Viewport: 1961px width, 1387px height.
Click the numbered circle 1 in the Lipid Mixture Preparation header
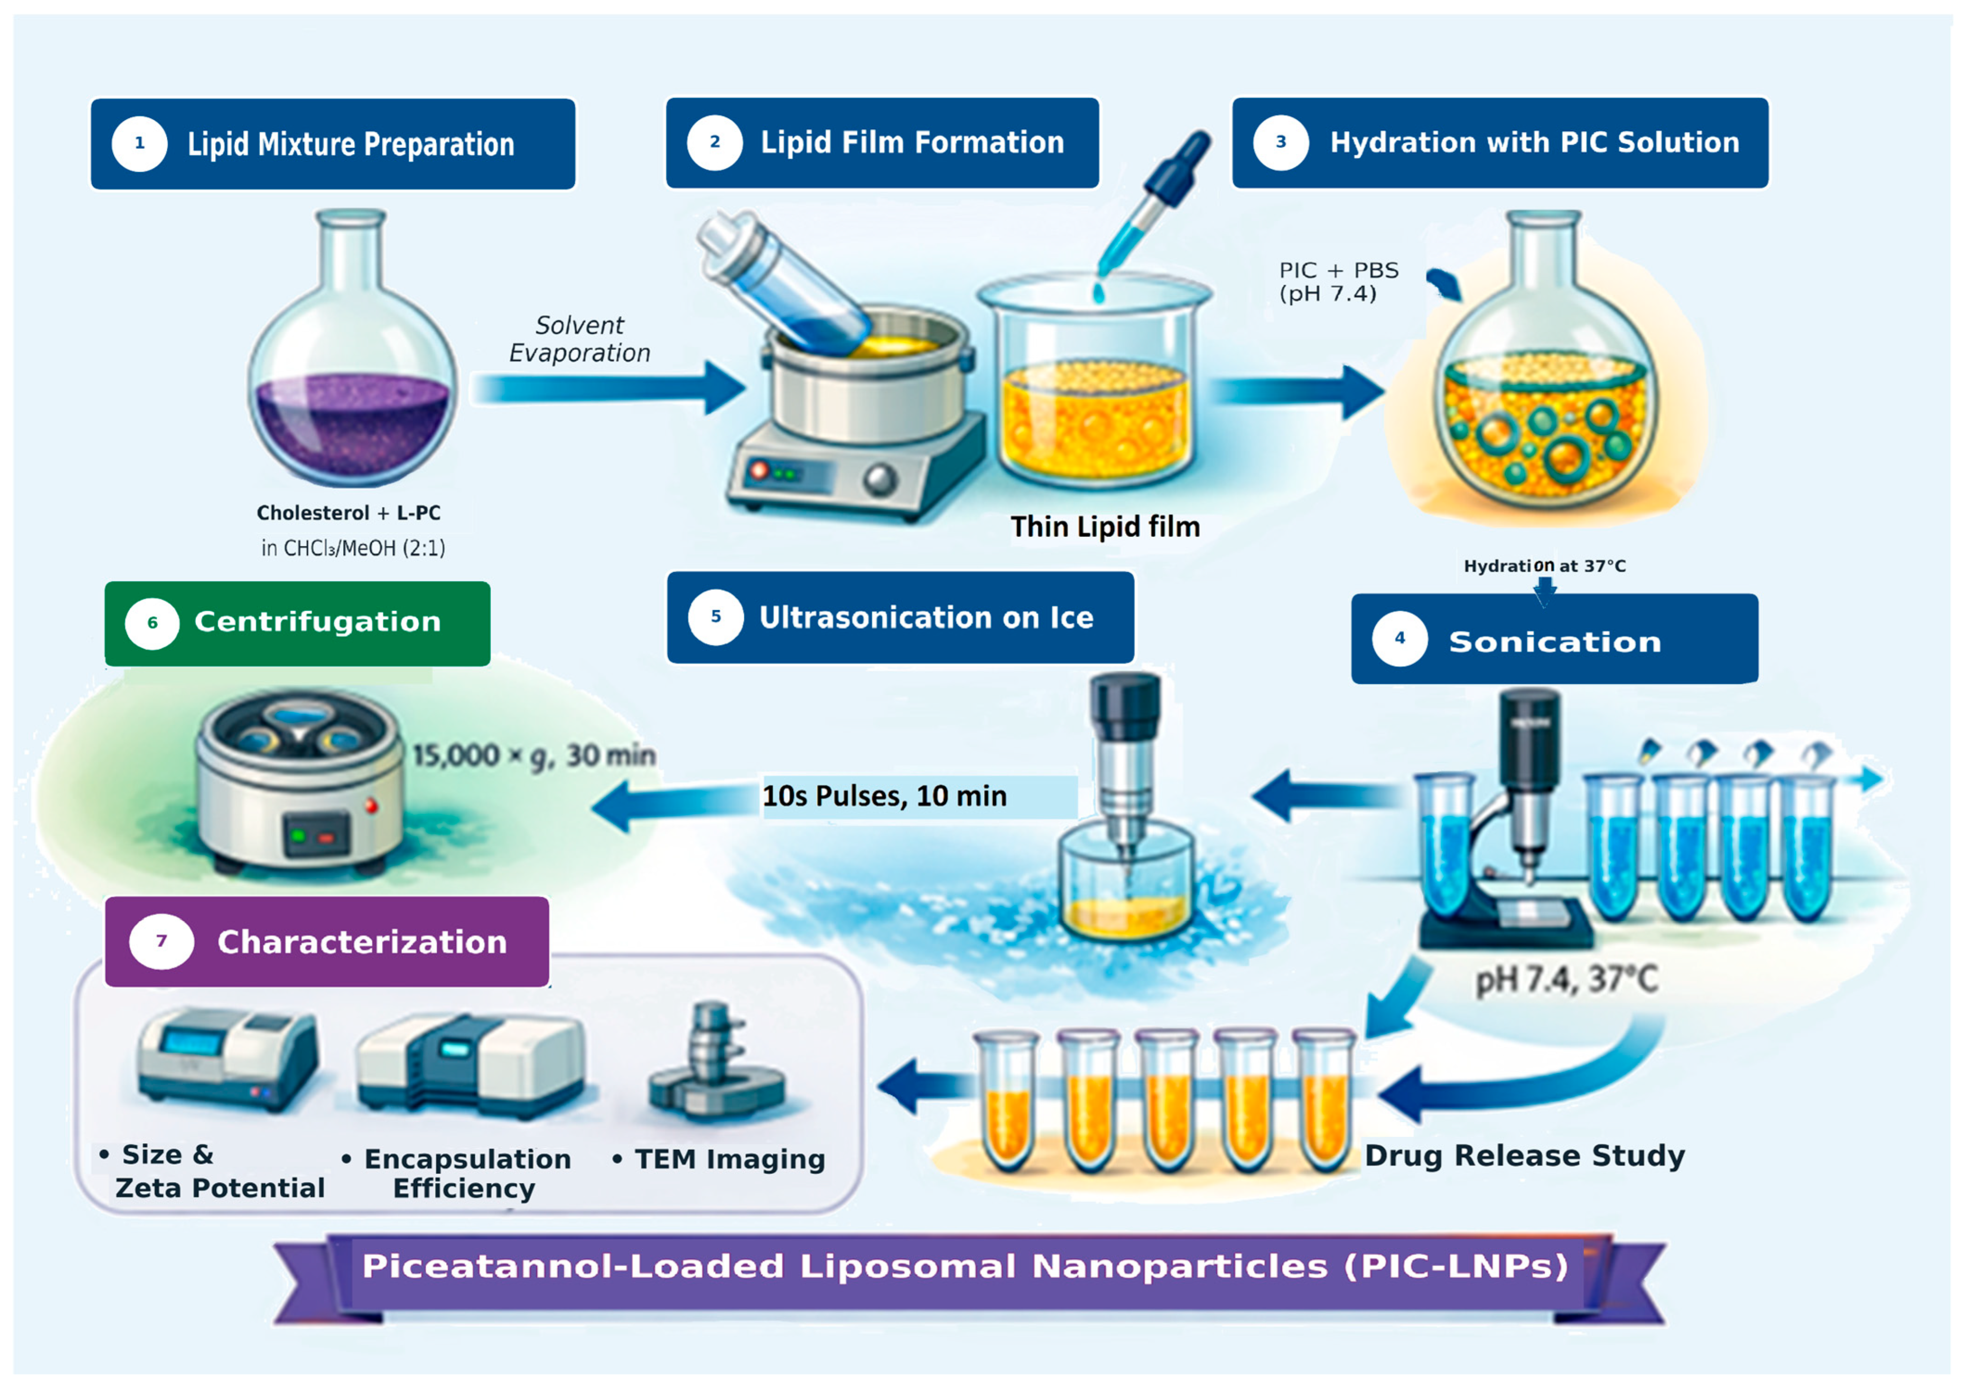(139, 143)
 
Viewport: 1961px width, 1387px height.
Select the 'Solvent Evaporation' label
(579, 339)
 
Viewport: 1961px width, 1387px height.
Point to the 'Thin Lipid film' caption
(1105, 527)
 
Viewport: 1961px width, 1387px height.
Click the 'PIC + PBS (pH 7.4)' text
(1338, 282)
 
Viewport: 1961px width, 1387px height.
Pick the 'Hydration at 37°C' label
(1544, 565)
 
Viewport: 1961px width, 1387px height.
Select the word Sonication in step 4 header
(1554, 641)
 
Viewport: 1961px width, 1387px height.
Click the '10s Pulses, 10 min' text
(884, 796)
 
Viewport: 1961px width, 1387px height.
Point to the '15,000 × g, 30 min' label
(534, 756)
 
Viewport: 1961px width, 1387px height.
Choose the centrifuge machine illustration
(297, 780)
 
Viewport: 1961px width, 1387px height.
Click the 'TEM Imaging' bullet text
(719, 1159)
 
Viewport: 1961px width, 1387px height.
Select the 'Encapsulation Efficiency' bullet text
(457, 1173)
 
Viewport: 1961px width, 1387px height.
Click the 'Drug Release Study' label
(1524, 1155)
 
